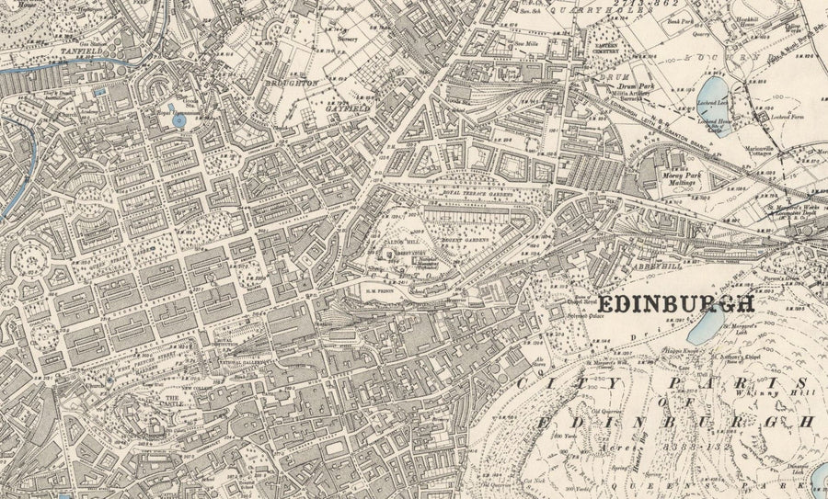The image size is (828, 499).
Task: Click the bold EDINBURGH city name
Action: (x=676, y=304)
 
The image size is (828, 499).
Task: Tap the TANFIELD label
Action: (x=29, y=51)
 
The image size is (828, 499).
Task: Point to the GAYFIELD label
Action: (x=347, y=107)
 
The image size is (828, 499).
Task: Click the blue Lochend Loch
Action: (x=718, y=118)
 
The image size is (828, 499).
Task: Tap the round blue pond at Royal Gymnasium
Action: (x=178, y=120)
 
